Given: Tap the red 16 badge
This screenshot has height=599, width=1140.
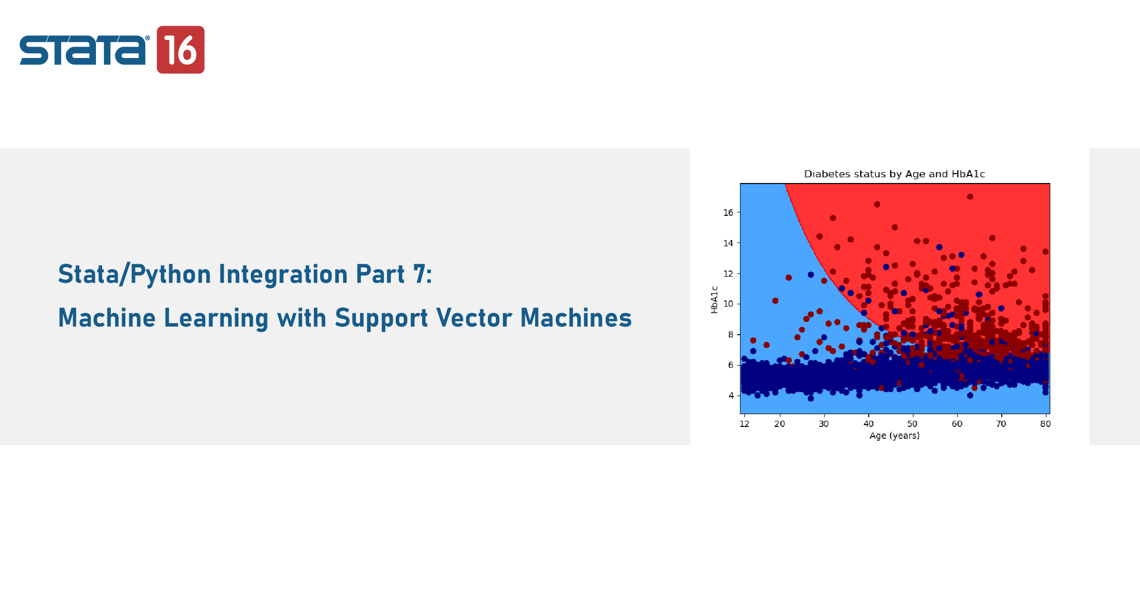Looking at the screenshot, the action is tap(180, 49).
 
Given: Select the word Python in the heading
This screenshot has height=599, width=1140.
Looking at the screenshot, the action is tap(171, 274).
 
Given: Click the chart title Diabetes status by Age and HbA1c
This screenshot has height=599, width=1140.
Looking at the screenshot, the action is tap(894, 174).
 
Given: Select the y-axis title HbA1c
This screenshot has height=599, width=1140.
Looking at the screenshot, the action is tap(714, 299).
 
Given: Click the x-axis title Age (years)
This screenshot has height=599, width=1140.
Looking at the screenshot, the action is tap(894, 435).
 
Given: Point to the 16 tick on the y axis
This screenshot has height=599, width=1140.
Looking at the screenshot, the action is tap(728, 213).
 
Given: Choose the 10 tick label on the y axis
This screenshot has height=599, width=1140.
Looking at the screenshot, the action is tap(728, 304).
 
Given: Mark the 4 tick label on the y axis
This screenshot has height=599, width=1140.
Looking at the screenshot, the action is tap(731, 396).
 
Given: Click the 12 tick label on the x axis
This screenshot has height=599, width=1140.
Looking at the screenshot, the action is tap(744, 424).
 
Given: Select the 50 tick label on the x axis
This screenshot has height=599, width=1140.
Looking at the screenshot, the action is tap(912, 424).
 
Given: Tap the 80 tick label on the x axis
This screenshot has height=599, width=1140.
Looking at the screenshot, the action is tap(1045, 424).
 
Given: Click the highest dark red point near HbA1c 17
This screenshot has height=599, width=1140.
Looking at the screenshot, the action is tap(970, 197).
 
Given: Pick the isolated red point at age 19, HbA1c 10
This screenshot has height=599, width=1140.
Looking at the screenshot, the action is tap(775, 300).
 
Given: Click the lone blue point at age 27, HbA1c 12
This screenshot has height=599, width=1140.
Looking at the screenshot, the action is tap(811, 275).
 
